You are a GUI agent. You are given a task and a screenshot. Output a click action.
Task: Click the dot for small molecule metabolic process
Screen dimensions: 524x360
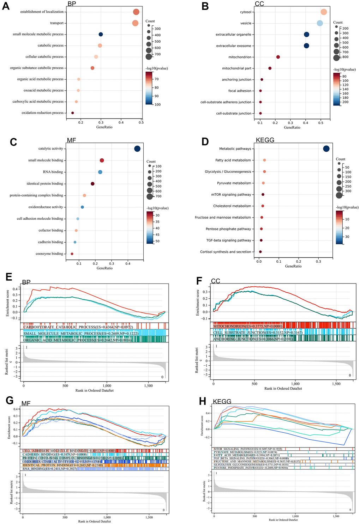coord(101,34)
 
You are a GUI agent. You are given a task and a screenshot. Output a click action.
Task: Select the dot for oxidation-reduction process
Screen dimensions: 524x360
coord(72,113)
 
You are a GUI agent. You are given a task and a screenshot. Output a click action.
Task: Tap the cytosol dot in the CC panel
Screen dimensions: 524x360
coord(324,12)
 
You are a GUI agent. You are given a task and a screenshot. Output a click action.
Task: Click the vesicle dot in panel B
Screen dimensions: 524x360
coord(320,23)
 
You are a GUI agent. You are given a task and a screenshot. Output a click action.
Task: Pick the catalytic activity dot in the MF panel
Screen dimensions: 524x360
coord(137,149)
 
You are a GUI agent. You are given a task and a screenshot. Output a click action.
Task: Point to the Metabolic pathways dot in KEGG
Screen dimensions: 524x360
coord(326,149)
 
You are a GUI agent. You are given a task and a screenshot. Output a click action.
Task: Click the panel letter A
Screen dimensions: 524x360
coord(6,7)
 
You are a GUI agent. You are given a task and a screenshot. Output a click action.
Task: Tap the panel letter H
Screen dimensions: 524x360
coord(202,402)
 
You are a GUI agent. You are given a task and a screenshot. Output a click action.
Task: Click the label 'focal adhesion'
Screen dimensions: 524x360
coord(240,91)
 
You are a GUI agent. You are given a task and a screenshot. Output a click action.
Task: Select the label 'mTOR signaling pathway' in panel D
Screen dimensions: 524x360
coord(231,195)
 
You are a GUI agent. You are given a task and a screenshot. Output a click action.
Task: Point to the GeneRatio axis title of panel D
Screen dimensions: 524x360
coord(293,266)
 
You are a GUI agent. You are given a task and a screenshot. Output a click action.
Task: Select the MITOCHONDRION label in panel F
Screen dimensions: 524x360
coord(247,326)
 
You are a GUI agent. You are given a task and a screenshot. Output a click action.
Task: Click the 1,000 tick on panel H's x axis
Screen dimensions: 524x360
coord(295,516)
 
